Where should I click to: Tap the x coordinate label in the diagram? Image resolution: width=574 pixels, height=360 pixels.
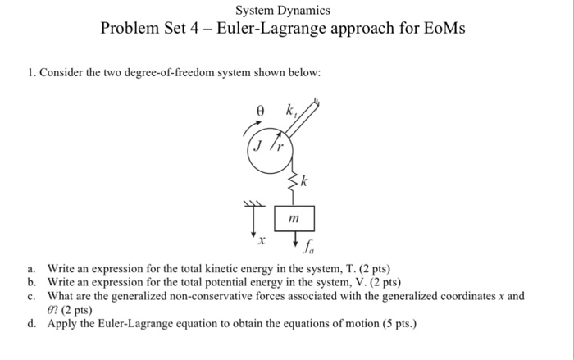point(261,244)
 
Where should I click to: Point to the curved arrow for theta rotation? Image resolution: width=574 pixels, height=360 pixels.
point(249,125)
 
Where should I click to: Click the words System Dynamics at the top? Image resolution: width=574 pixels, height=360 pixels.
point(282,11)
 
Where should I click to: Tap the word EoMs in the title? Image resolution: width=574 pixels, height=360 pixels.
point(442,30)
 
